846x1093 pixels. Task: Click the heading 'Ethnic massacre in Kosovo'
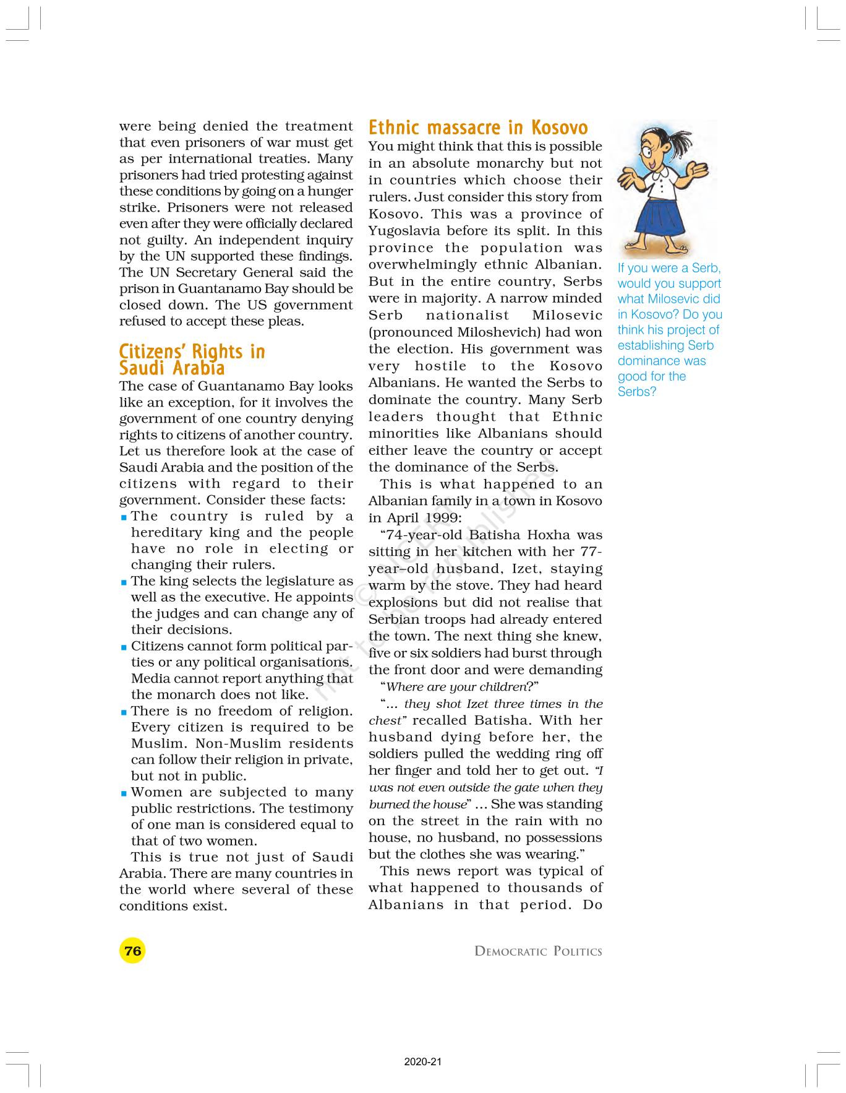pos(478,128)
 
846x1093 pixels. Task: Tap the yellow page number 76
pos(132,951)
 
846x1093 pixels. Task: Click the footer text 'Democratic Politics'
pos(537,952)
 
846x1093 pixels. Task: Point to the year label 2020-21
pos(423,1062)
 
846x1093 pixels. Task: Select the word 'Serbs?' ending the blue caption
pos(636,392)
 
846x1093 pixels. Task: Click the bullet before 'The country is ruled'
pos(124,517)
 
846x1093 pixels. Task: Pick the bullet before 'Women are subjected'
pos(124,793)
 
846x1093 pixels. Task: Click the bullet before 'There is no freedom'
pos(124,712)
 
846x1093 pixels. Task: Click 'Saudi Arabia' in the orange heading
pos(171,368)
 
